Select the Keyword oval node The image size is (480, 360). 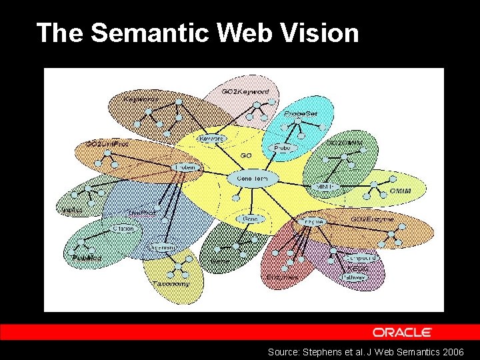[x=213, y=139]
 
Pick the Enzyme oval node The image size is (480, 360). [x=312, y=221]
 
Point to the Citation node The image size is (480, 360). [x=123, y=229]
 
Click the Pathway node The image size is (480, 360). [x=353, y=277]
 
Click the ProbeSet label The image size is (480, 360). [x=300, y=114]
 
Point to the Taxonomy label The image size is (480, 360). [x=171, y=284]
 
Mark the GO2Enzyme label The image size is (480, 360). [x=372, y=219]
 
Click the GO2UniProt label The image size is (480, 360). [x=107, y=143]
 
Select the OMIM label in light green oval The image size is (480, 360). [x=400, y=191]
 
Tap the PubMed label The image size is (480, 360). [x=87, y=257]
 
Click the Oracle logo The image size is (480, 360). [x=402, y=332]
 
